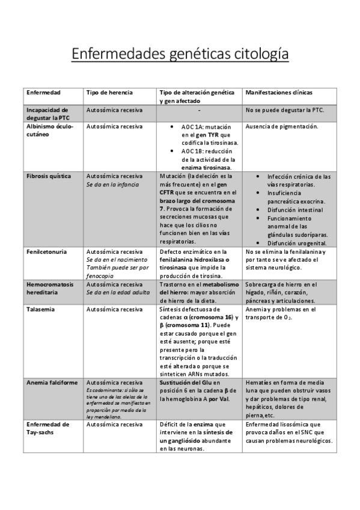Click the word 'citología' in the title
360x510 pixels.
(x=255, y=54)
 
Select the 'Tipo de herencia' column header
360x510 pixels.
(x=109, y=93)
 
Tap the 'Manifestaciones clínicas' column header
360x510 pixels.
(x=279, y=93)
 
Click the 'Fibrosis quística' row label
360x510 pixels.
(x=49, y=176)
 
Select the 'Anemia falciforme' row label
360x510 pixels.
(x=52, y=382)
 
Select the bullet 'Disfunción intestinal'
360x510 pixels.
(x=295, y=210)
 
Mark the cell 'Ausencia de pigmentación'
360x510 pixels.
(x=282, y=127)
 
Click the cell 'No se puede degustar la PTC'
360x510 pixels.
(x=285, y=111)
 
